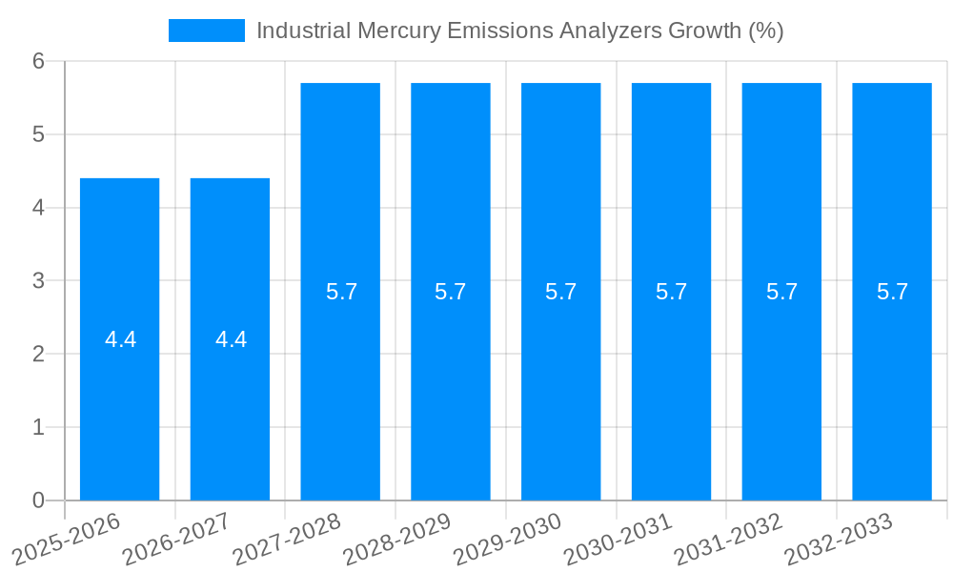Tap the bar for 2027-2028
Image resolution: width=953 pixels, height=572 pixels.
click(x=340, y=381)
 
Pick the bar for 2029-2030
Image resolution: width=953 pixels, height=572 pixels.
click(x=560, y=381)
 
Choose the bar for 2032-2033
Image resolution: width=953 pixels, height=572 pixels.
click(x=892, y=381)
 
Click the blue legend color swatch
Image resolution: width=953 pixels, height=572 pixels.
click(x=206, y=31)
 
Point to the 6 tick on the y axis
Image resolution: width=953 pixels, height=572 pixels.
click(x=38, y=61)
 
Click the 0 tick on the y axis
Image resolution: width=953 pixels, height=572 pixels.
click(x=38, y=500)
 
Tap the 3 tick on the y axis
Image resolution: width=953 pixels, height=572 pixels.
click(x=38, y=281)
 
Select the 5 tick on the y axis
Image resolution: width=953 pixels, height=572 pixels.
click(x=38, y=134)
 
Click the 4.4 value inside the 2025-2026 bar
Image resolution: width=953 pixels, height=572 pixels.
click(x=121, y=339)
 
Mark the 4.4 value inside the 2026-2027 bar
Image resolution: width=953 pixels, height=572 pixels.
click(x=232, y=339)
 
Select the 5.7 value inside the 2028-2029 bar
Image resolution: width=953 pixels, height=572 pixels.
click(x=451, y=292)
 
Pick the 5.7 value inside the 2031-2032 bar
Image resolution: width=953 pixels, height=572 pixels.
click(x=782, y=292)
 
